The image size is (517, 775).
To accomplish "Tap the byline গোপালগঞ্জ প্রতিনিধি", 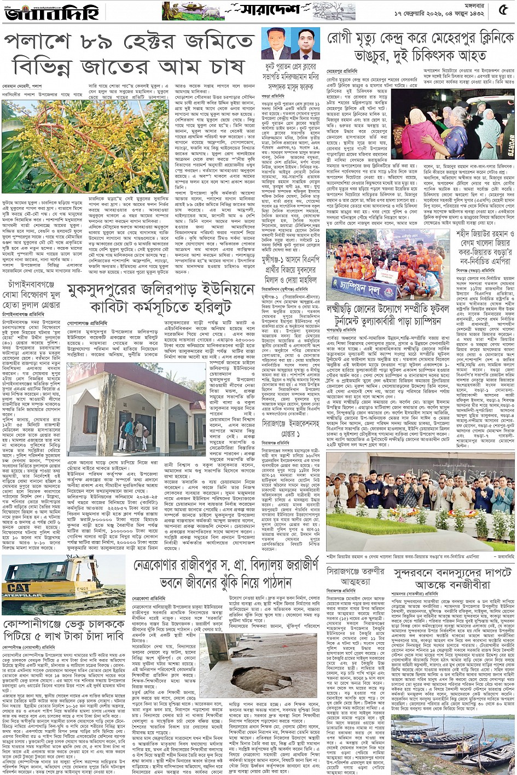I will point(86,323).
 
